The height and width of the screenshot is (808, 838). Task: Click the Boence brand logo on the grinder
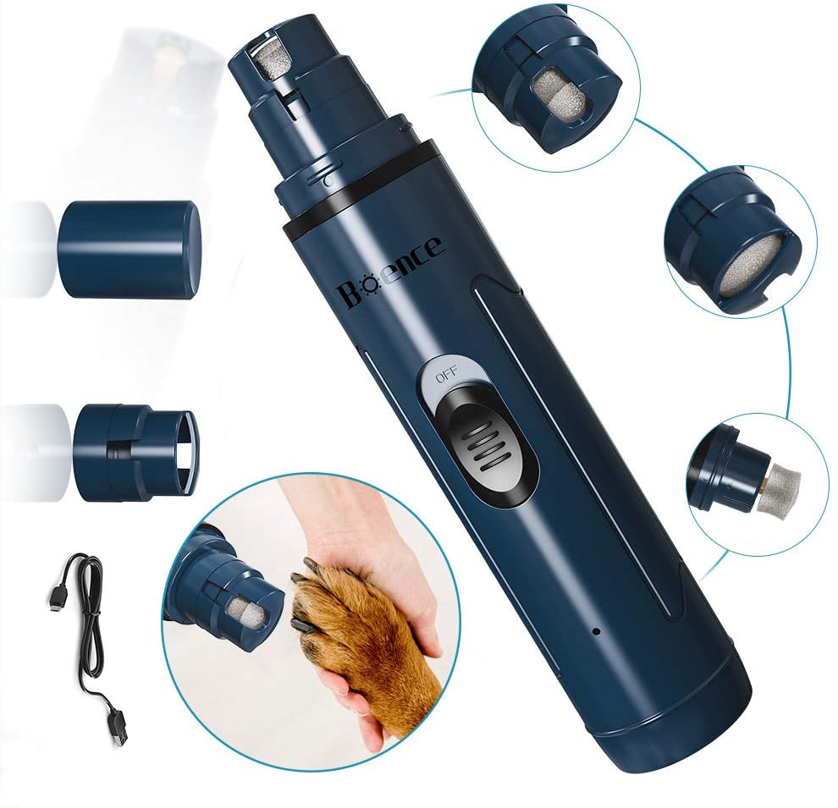(x=391, y=272)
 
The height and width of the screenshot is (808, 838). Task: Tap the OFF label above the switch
(x=447, y=377)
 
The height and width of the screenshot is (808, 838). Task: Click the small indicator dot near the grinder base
(x=597, y=632)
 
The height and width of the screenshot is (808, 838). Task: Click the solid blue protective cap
(x=129, y=250)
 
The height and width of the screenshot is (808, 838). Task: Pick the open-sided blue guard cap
(x=135, y=453)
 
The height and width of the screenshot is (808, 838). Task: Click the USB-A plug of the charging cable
(x=119, y=728)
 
